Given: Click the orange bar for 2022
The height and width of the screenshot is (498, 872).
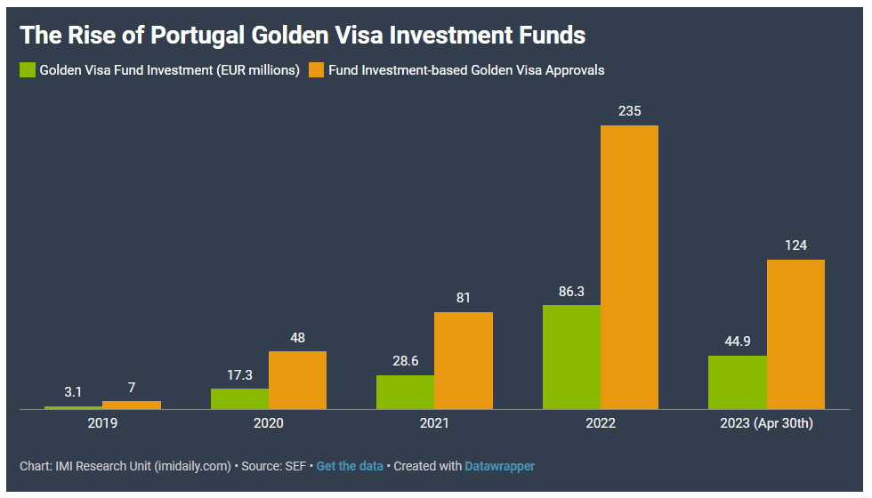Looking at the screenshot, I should (629, 267).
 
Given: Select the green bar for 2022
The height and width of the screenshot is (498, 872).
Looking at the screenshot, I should (571, 357).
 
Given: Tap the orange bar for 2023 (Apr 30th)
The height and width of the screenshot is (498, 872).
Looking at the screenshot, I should (795, 334).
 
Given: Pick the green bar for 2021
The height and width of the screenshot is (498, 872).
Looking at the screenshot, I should (405, 392).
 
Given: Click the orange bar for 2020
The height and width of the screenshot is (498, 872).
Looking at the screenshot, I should (297, 380).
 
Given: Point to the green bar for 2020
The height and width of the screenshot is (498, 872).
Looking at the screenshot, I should (239, 398).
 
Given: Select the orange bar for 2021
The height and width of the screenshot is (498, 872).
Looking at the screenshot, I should (463, 360).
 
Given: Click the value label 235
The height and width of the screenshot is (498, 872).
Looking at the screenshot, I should (629, 111).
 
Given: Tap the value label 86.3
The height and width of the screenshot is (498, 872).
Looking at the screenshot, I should (571, 291).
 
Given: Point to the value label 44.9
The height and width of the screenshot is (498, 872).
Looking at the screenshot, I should (738, 341).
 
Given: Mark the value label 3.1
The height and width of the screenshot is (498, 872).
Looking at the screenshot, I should (74, 391).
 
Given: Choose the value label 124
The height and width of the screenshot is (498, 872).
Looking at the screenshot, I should (795, 245).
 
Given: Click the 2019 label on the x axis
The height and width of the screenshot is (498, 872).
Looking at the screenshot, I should (102, 423).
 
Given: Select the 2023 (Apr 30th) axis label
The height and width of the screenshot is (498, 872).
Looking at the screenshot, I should (766, 423).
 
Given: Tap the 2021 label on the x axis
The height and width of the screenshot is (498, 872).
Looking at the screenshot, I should (434, 423).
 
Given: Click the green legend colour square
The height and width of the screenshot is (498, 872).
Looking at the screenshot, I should (28, 69).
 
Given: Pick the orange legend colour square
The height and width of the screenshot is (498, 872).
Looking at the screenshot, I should (316, 69).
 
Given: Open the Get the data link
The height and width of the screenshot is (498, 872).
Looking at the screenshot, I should (350, 466).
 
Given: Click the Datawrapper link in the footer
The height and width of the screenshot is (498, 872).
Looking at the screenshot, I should (499, 466).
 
